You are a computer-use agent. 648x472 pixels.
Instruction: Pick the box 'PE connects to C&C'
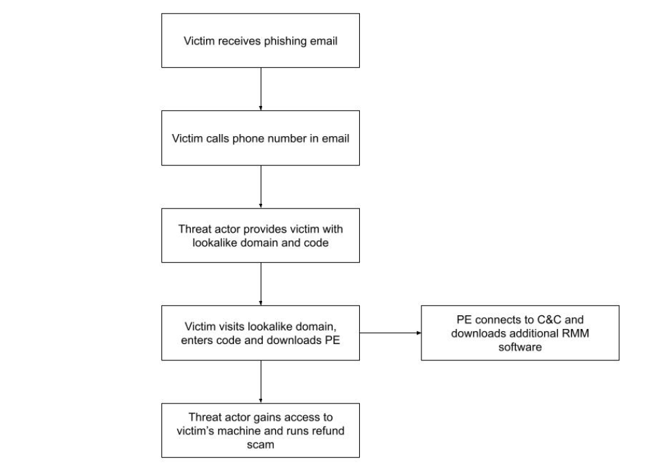[520, 332]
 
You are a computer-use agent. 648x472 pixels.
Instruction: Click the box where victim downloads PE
[261, 332]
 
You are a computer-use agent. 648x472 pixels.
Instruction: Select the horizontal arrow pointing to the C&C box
[390, 333]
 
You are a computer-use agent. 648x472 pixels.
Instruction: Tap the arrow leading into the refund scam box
[261, 382]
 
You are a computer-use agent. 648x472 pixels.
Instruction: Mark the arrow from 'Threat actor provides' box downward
[261, 283]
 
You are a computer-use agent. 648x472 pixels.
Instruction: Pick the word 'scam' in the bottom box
[261, 443]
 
